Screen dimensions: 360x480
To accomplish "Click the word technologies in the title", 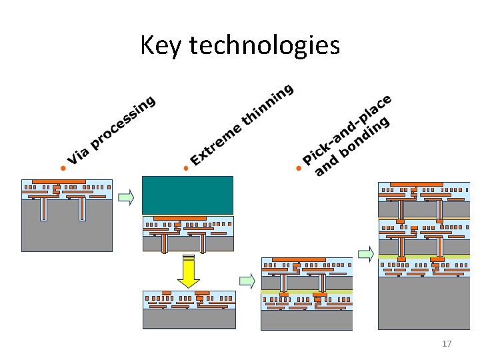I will [x=265, y=46].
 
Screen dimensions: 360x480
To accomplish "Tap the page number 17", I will [x=447, y=344].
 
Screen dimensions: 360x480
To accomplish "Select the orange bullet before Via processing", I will [x=63, y=168].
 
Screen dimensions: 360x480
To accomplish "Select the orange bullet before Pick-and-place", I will [x=299, y=168].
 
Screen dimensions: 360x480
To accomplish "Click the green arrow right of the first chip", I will [x=125, y=197].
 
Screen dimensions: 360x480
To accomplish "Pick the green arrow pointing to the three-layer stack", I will [x=365, y=253].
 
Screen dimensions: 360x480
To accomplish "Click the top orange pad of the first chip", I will [x=59, y=181].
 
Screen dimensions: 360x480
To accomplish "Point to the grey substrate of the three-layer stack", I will [x=423, y=303].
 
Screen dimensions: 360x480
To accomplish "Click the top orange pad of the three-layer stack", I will [x=416, y=184].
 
